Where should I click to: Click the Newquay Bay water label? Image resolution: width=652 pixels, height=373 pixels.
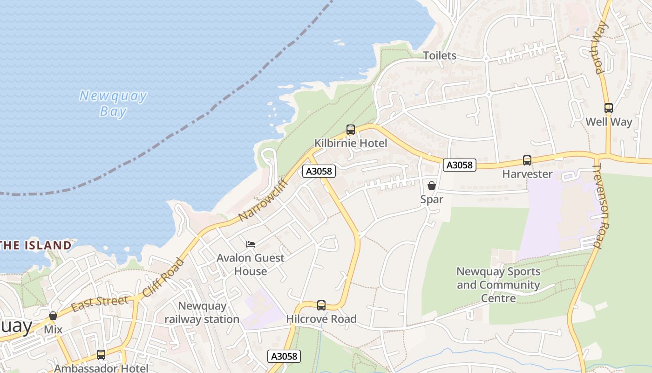click(113, 104)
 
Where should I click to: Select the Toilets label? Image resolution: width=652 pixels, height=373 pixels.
click(440, 55)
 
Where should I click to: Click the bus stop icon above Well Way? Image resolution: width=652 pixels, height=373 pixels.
click(608, 108)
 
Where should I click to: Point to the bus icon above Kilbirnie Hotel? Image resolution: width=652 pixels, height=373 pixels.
click(351, 130)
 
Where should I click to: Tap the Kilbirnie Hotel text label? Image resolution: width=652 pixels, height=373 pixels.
click(351, 143)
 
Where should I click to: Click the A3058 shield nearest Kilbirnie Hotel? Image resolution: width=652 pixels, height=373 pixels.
click(319, 171)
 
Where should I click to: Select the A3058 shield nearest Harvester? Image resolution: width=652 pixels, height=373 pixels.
click(459, 165)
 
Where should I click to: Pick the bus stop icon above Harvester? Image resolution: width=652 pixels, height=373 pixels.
click(527, 160)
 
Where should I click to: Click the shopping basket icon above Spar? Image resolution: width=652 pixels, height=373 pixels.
click(432, 186)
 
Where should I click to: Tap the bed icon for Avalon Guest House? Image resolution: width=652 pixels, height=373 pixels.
click(251, 244)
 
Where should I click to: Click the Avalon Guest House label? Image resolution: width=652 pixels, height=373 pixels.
click(251, 264)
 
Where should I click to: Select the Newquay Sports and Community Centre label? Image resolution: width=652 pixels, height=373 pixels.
click(498, 284)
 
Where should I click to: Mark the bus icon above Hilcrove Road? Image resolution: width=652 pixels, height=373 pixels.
click(321, 305)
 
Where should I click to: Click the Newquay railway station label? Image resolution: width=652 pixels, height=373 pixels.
click(202, 313)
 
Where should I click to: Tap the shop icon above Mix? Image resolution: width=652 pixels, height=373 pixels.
click(53, 316)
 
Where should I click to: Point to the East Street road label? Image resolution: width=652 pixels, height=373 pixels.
click(100, 303)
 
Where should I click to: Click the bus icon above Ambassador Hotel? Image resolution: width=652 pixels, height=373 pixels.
click(101, 355)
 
